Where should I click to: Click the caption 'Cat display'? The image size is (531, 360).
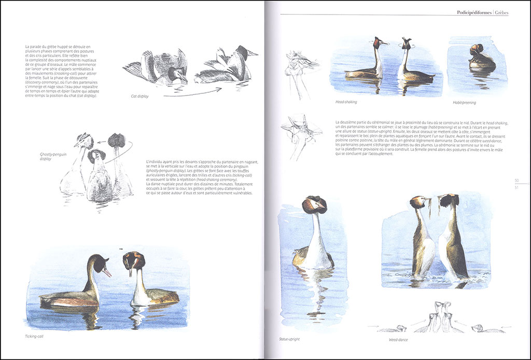tap(139, 96)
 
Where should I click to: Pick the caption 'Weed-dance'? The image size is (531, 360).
tap(399, 340)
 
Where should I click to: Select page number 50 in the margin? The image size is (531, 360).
tap(516, 180)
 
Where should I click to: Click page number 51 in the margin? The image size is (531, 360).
tap(516, 187)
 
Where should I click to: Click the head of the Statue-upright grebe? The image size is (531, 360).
tap(314, 204)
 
